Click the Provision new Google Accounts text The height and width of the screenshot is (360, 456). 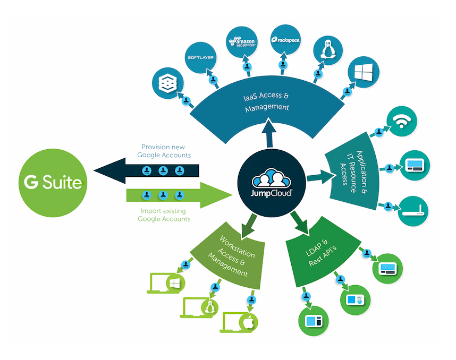[x=163, y=151]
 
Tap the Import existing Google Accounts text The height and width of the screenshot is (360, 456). [x=163, y=214]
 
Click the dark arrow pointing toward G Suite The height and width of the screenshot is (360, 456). [x=149, y=170]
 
